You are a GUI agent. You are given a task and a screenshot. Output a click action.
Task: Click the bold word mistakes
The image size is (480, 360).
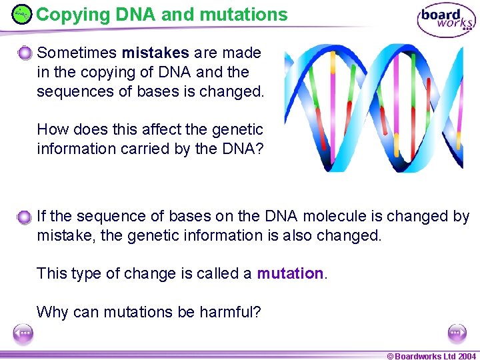point(155,53)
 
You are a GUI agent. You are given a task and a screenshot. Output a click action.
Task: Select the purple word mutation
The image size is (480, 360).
point(290,273)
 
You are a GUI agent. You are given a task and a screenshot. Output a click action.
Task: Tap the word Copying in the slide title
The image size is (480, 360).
point(67,15)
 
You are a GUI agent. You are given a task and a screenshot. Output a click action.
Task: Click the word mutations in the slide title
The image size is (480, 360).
point(246,15)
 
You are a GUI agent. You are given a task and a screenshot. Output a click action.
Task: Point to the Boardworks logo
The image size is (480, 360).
point(446,20)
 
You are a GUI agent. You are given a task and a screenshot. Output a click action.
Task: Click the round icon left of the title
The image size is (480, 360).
point(21,14)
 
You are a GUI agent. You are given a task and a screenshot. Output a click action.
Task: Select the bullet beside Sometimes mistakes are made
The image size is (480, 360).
point(25,53)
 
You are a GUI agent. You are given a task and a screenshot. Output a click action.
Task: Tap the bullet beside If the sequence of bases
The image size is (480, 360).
point(25,217)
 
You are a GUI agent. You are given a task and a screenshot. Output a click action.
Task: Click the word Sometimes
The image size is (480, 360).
point(77,53)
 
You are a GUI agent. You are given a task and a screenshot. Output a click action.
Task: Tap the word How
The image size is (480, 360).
point(51,129)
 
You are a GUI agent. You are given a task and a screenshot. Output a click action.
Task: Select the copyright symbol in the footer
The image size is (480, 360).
point(390,355)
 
